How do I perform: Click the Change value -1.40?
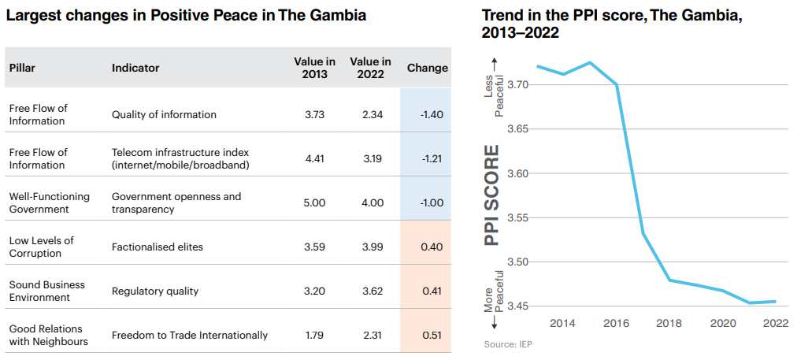[x=432, y=114]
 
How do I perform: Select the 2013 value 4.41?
[x=314, y=158]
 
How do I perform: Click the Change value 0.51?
[x=432, y=335]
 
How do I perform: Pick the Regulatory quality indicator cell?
[x=155, y=291]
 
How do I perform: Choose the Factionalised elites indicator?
[x=158, y=247]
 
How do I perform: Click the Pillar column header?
[x=22, y=68]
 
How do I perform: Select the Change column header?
[x=427, y=68]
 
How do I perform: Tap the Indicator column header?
[x=135, y=68]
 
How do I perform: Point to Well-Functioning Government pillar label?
[x=50, y=202]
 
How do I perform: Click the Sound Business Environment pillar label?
[x=47, y=291]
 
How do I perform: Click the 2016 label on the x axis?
[x=617, y=323]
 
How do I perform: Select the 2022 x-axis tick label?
[x=776, y=323]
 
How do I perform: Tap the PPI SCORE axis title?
[x=491, y=195]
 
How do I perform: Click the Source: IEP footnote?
[x=507, y=344]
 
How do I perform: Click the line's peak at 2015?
[x=590, y=62]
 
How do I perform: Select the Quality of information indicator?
[x=164, y=114]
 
